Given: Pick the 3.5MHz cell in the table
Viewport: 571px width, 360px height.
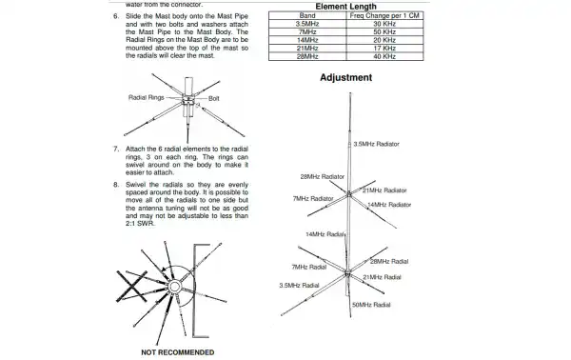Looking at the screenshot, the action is click(x=306, y=25).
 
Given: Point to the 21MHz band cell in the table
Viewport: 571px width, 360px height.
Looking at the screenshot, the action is click(x=306, y=48).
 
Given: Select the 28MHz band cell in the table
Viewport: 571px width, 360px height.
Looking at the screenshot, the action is click(x=306, y=55).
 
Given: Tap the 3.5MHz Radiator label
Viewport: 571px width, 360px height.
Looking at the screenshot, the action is click(x=376, y=144).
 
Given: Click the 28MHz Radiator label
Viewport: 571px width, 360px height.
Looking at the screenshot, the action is click(x=322, y=177).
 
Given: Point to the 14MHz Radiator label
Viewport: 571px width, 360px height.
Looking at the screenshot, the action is click(x=388, y=205).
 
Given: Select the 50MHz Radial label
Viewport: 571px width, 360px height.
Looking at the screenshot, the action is click(x=371, y=304).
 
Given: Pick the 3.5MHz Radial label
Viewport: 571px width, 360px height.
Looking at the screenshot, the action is click(x=298, y=285).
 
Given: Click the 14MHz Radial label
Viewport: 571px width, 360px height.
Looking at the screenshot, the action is click(x=325, y=234).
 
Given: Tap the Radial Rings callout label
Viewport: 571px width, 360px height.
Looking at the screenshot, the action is click(x=147, y=98).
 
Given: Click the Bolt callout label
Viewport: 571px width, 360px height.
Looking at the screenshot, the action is click(x=214, y=98).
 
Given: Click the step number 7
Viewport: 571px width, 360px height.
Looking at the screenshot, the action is click(x=115, y=150).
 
